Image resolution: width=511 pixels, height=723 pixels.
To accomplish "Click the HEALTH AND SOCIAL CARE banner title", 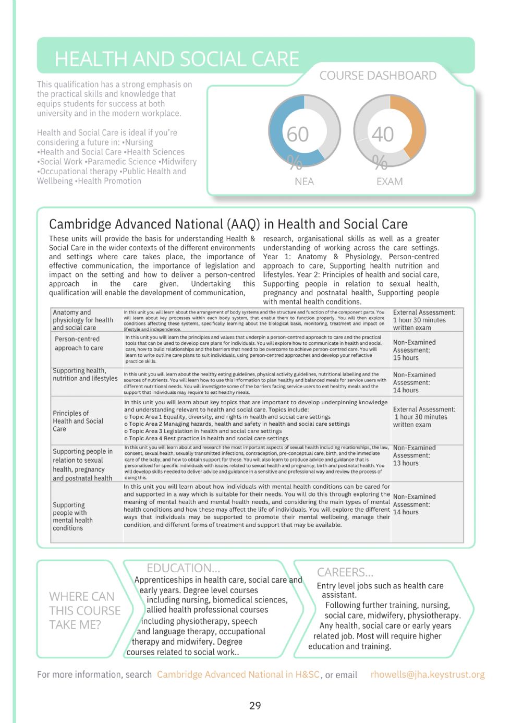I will [177, 59].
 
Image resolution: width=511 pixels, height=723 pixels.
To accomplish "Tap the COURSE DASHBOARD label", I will [378, 76].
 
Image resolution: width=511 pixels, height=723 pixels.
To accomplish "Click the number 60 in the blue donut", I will [298, 135].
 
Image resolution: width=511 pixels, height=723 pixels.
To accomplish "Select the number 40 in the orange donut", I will [383, 135].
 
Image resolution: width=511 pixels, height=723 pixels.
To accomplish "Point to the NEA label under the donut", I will [304, 182].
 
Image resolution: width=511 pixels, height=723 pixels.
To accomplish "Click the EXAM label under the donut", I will [390, 182].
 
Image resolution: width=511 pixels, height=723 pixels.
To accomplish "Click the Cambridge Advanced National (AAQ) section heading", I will [228, 224].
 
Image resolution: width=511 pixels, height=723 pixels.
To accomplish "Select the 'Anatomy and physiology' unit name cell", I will [83, 320].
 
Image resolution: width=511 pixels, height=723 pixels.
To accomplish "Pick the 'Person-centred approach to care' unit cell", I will [79, 343].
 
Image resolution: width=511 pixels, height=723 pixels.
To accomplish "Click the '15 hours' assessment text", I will [406, 358].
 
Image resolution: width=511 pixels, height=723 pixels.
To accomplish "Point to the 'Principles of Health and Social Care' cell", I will [78, 420].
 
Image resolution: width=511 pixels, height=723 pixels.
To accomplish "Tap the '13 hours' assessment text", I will [406, 463].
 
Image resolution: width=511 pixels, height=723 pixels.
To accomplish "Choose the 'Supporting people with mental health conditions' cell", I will [72, 516].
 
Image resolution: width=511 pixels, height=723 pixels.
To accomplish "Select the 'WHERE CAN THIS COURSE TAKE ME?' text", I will [84, 610].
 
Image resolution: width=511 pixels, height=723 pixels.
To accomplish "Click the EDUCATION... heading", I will [183, 568].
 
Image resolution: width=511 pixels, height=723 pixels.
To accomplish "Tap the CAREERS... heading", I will [345, 572].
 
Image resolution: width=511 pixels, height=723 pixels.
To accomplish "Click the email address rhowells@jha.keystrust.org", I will [428, 674].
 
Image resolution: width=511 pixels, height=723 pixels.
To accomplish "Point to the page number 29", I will [255, 706].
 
